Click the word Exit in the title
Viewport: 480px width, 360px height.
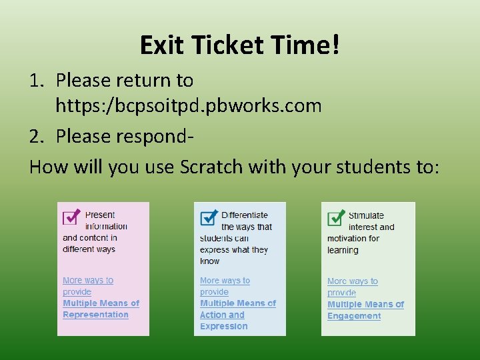coord(159,45)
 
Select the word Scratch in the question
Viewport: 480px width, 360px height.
coord(212,166)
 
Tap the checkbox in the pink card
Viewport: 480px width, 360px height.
coord(71,217)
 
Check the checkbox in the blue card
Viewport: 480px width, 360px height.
coord(209,217)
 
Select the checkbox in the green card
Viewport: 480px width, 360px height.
coord(336,217)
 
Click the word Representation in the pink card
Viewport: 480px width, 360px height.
coord(95,315)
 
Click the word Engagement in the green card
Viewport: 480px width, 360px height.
coord(354,316)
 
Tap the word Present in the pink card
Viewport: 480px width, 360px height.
coord(100,215)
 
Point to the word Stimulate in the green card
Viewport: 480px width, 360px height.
coord(366,215)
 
